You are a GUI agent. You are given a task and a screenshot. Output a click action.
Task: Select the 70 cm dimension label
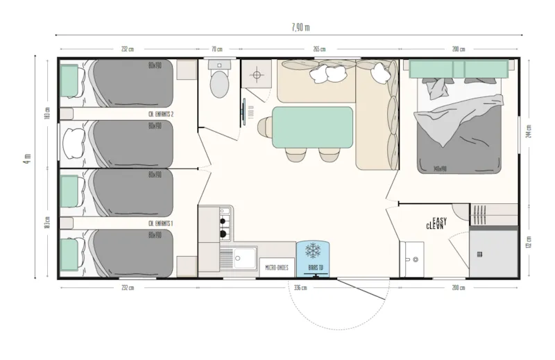pyautogui.click(x=217, y=49)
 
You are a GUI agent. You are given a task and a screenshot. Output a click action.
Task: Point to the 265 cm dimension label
pyautogui.click(x=319, y=49)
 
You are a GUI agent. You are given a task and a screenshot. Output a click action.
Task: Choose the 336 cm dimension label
pyautogui.click(x=300, y=286)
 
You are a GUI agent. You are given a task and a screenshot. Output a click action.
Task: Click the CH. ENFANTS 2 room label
pyautogui.click(x=161, y=114)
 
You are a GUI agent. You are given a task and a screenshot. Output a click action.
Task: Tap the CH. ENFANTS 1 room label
pyautogui.click(x=161, y=223)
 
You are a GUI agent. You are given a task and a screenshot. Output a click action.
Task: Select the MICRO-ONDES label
pyautogui.click(x=276, y=266)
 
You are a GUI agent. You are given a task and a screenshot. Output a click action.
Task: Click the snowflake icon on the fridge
pyautogui.click(x=313, y=250)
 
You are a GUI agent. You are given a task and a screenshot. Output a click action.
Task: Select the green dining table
pyautogui.click(x=312, y=128)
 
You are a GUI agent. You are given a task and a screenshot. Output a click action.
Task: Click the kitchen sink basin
pyautogui.click(x=244, y=259)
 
